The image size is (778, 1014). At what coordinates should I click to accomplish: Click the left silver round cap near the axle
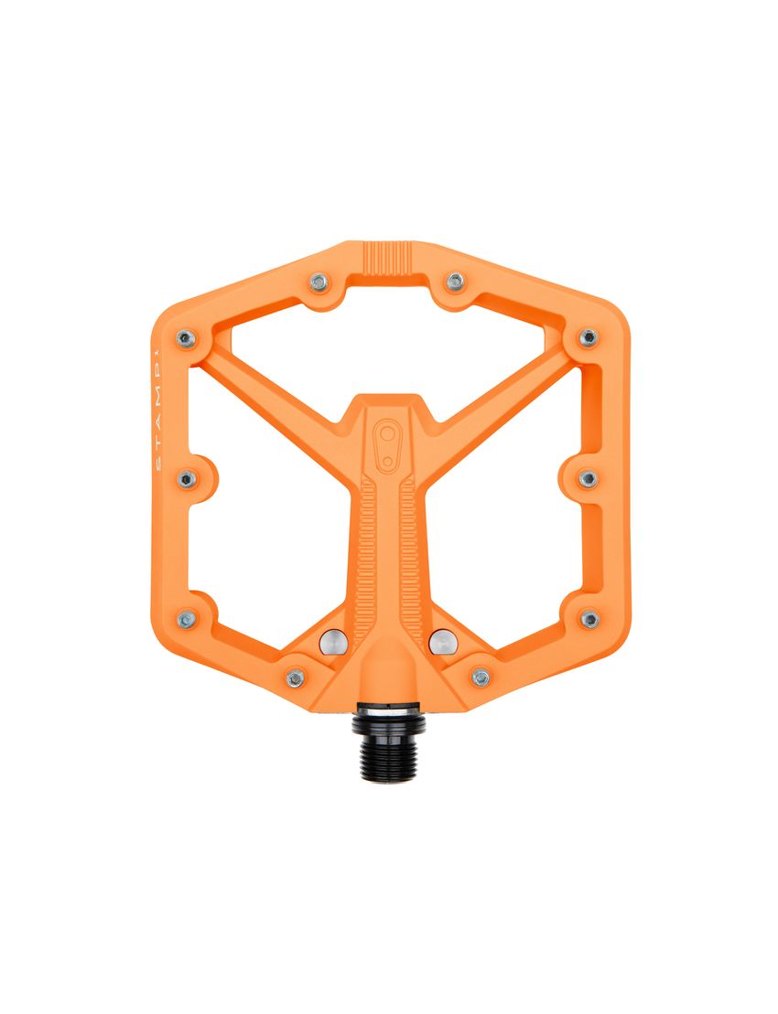point(333,643)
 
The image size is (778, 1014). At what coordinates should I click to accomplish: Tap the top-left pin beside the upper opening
point(319,283)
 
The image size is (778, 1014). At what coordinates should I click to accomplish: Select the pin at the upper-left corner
point(187,338)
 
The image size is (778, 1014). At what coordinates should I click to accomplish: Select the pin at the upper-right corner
point(589,338)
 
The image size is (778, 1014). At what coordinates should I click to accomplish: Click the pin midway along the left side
point(187,478)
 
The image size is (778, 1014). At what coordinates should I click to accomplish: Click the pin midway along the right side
point(589,478)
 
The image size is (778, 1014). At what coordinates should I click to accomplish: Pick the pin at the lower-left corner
point(187,619)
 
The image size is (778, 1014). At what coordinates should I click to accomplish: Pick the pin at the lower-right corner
point(589,619)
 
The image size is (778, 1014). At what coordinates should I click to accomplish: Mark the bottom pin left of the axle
point(295,678)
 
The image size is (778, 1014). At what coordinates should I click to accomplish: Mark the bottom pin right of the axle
point(481,678)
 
